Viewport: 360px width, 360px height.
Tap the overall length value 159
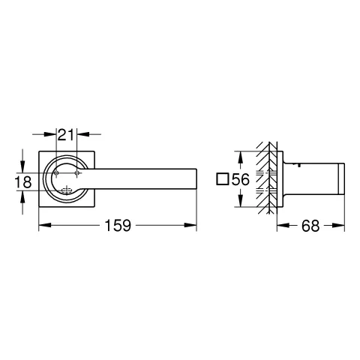point(117,224)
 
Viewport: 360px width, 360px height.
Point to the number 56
point(240,180)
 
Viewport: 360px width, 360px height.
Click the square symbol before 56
point(221,180)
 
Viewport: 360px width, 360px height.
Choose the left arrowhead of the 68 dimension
point(280,224)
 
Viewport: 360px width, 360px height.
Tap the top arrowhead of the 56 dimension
point(240,154)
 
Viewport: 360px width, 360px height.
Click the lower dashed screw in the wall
point(263,190)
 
